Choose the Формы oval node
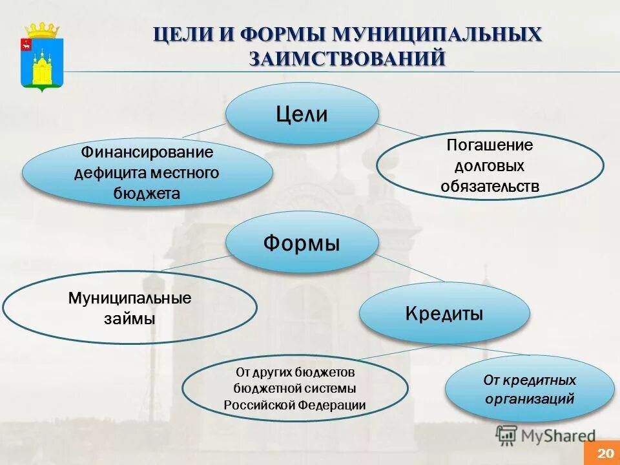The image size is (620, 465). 302,243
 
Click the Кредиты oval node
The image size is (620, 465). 444,313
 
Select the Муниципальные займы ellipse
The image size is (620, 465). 130,308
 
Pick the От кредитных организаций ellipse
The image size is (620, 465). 529,389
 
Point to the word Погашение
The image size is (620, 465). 490,145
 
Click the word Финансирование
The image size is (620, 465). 147,153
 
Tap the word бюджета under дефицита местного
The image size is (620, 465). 147,193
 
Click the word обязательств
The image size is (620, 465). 490,187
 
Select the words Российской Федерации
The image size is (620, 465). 294,405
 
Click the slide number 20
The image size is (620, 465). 606,453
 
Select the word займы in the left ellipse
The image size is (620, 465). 130,318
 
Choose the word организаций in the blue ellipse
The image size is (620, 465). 529,398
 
